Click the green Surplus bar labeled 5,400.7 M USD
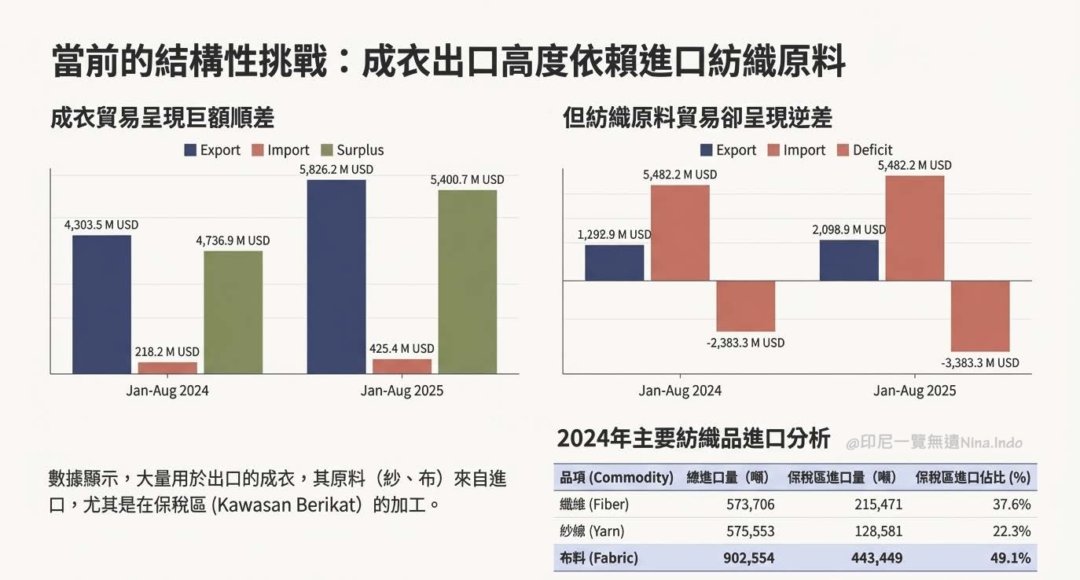tap(467, 281)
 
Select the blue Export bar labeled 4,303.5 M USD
tap(101, 304)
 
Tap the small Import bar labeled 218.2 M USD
tap(167, 367)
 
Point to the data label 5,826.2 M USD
tap(336, 169)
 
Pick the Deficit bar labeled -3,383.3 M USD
tap(980, 316)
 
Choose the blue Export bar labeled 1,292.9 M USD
tap(614, 262)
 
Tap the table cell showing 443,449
tap(876, 558)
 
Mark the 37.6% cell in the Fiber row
tap(1012, 505)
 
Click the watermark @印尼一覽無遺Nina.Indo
tap(934, 442)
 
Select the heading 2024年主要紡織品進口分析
tap(692, 439)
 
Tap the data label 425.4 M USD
tap(402, 348)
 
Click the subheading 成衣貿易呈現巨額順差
tap(162, 118)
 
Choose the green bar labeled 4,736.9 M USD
tap(233, 312)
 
